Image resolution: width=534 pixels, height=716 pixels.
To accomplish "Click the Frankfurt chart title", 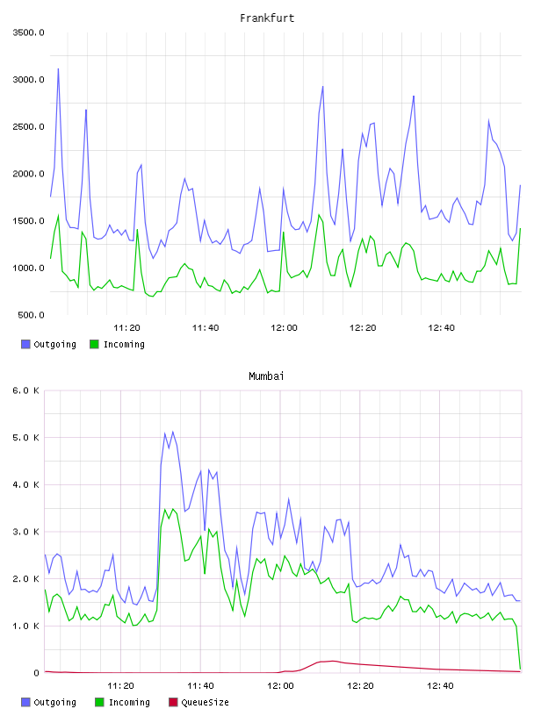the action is (x=267, y=18).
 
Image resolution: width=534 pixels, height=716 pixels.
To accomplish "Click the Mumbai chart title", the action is (x=266, y=376).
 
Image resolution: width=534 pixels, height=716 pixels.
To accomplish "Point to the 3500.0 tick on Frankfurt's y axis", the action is (x=28, y=32).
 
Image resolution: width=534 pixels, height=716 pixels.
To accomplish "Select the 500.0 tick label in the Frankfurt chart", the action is (x=31, y=315).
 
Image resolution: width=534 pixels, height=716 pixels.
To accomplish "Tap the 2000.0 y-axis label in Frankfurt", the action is (x=28, y=174).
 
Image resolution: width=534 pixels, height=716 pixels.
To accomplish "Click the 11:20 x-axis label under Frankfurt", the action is (x=126, y=328).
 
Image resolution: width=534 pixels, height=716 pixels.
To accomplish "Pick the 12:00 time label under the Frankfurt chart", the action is (x=284, y=328).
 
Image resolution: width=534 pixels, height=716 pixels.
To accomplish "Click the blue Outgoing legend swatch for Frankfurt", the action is (x=25, y=344).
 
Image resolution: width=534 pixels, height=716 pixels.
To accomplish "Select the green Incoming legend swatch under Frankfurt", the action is (x=94, y=344).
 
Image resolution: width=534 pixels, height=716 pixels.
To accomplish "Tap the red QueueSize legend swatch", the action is (x=173, y=702).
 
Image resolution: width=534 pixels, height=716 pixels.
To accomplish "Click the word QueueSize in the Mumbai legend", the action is (x=205, y=702).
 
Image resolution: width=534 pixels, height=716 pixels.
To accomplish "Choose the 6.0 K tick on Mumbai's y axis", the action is (x=26, y=390).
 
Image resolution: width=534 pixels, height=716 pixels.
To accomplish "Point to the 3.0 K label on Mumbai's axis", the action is (x=26, y=532).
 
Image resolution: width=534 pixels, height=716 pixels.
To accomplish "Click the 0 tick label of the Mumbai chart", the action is (x=37, y=673).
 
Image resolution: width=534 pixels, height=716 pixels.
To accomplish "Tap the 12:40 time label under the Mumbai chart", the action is (x=440, y=686).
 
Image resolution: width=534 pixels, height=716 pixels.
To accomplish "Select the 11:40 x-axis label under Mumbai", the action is (x=200, y=686).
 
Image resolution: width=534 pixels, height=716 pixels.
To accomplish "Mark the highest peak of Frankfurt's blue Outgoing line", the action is (x=58, y=69).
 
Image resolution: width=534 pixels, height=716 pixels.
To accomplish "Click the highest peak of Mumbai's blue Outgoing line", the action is (x=172, y=432).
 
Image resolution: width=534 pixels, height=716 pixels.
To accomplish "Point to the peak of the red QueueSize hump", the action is (x=333, y=661).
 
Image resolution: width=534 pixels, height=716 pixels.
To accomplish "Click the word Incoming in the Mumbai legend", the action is (x=129, y=702).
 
